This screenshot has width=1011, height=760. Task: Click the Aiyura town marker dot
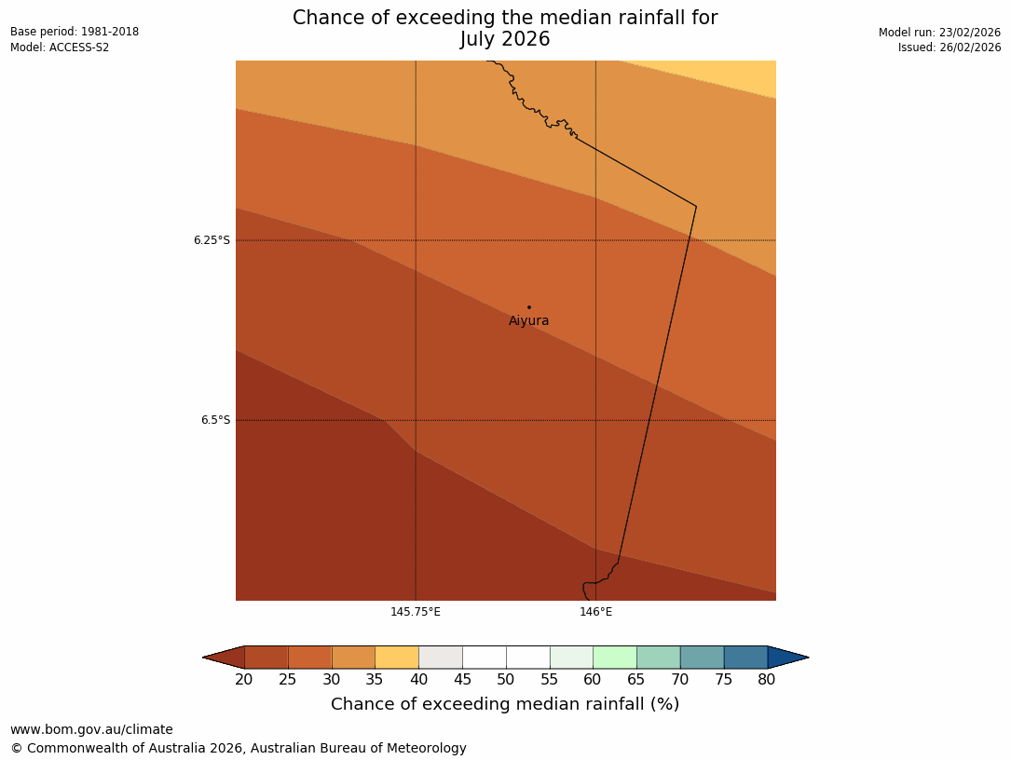tap(528, 306)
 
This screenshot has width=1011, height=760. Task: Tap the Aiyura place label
tap(528, 321)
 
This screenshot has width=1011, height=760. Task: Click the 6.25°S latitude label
tap(212, 240)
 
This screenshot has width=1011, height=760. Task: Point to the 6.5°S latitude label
tap(215, 420)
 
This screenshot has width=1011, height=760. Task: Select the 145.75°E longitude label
tap(416, 612)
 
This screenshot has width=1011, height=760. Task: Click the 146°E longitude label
tap(595, 612)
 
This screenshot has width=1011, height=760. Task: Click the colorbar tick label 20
tap(244, 680)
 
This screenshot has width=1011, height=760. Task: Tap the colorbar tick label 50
tap(506, 680)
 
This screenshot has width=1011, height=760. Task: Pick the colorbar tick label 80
tap(767, 680)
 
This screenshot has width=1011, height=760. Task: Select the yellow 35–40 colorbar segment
tap(397, 658)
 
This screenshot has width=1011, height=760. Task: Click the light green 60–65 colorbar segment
tap(615, 658)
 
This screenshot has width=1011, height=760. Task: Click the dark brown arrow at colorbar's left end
tap(225, 658)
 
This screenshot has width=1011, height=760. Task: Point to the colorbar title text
tap(505, 704)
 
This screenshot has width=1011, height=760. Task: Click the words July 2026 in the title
tap(505, 39)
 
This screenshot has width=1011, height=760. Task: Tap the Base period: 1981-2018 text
tap(75, 32)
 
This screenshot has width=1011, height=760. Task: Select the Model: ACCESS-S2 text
tap(60, 47)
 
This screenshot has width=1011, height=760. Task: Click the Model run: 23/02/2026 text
tap(939, 33)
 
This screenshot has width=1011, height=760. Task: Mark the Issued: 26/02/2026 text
tap(950, 47)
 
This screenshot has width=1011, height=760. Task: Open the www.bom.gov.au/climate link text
tap(91, 730)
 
